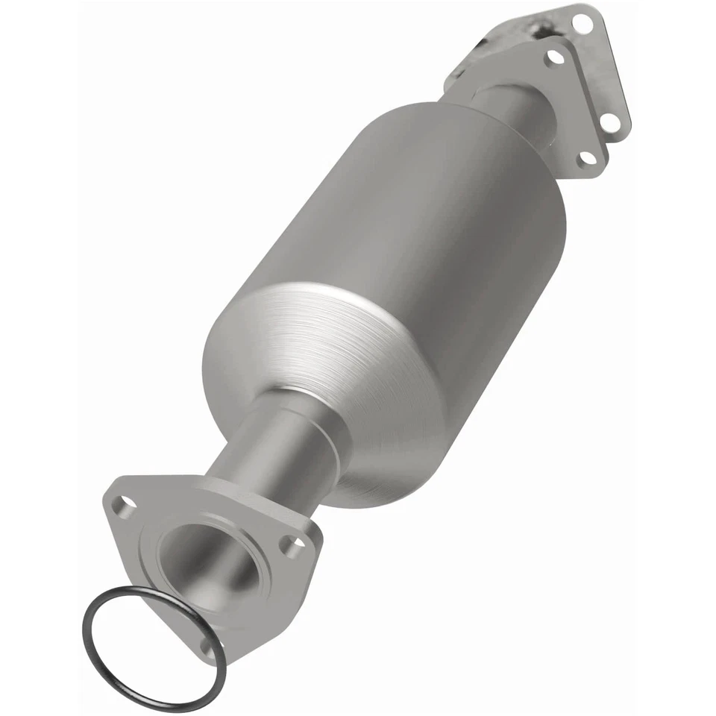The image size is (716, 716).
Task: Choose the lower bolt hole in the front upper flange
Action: (586, 157)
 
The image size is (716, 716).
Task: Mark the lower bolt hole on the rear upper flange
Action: (612, 122)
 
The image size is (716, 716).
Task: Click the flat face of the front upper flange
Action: (574, 104)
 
